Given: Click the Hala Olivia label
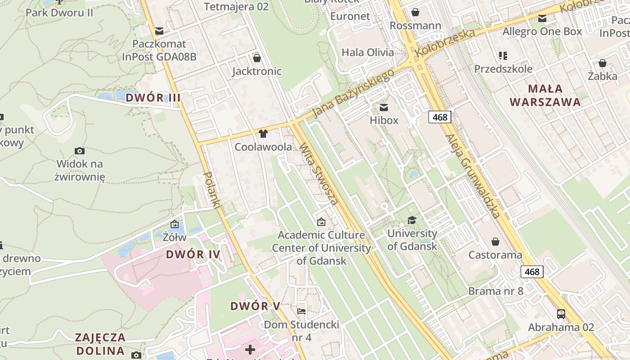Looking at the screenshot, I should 368,52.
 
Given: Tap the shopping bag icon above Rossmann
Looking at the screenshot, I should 415,12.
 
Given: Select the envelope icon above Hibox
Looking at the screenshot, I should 384,108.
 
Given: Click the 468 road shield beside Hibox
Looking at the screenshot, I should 440,117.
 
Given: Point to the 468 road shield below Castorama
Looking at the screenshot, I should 532,272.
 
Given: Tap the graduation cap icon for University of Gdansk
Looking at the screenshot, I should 412,220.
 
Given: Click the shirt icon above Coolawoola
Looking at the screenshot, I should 263,134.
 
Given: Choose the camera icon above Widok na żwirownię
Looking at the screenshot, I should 80,151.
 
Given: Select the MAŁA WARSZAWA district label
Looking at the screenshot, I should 545,95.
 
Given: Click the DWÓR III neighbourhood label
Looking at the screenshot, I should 153,97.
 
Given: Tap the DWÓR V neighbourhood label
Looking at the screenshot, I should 255,306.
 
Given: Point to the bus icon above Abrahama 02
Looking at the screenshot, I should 561,314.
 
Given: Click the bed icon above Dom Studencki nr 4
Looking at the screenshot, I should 301,311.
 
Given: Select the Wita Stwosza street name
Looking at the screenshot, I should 319,173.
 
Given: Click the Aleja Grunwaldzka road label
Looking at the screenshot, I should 472,175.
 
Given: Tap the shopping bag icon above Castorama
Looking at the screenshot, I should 495,242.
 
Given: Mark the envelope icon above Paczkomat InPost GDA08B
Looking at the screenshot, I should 159,31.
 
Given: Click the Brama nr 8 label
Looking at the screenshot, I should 495,291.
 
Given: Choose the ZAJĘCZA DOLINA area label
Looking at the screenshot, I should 100,344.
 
